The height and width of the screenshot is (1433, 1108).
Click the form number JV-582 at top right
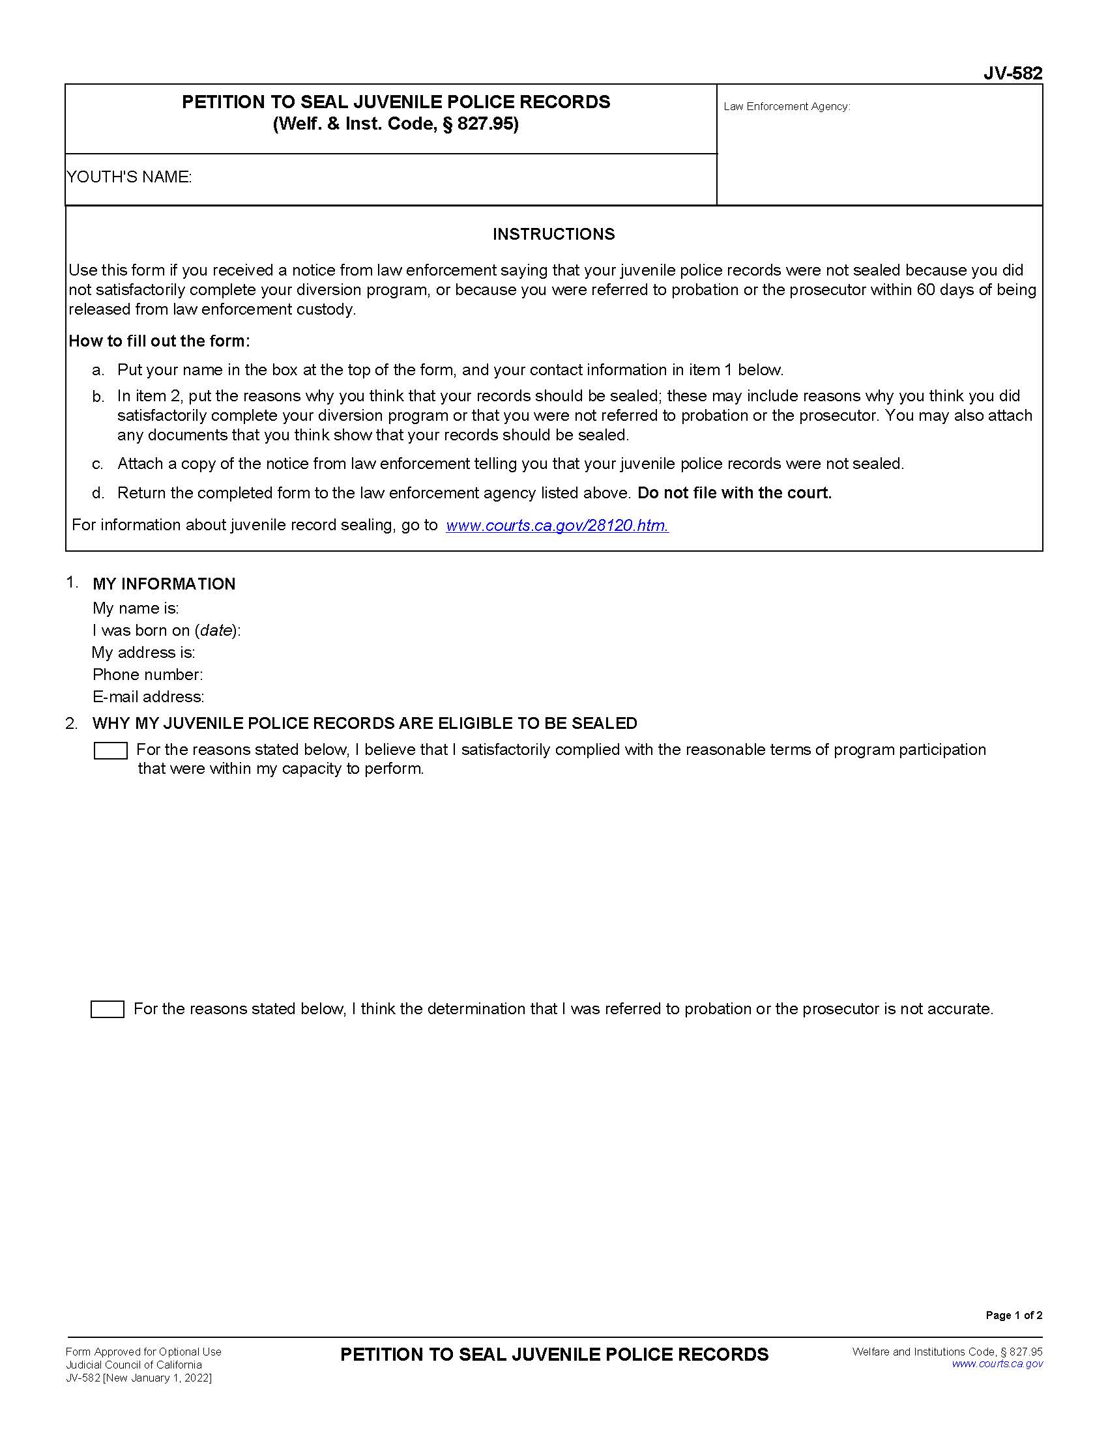coord(1012,74)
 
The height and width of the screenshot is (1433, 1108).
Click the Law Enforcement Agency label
coord(787,106)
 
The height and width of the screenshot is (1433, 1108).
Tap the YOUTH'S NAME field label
coord(128,177)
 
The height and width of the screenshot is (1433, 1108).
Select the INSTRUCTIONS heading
coord(553,234)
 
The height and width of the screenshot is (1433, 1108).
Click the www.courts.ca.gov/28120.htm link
coord(557,525)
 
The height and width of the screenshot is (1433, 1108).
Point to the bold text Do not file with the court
coord(734,493)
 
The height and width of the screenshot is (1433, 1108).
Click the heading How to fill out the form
coord(159,341)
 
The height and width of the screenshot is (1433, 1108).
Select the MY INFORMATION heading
coord(164,584)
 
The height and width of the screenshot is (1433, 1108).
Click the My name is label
coord(135,608)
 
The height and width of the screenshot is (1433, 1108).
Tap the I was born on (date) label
coord(166,631)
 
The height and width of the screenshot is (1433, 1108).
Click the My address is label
coord(143,652)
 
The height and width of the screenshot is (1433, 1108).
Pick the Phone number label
coord(147,675)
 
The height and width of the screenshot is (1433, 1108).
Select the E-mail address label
coord(148,696)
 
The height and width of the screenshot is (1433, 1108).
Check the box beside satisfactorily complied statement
coord(110,750)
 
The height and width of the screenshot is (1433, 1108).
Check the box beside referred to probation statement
coord(107,1009)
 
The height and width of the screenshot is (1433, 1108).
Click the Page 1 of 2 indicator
coord(1013,1315)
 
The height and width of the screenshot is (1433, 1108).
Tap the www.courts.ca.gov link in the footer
coord(997,1364)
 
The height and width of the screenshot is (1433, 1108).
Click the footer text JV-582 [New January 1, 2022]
coord(138,1378)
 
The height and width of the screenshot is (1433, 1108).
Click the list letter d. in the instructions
coord(98,493)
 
